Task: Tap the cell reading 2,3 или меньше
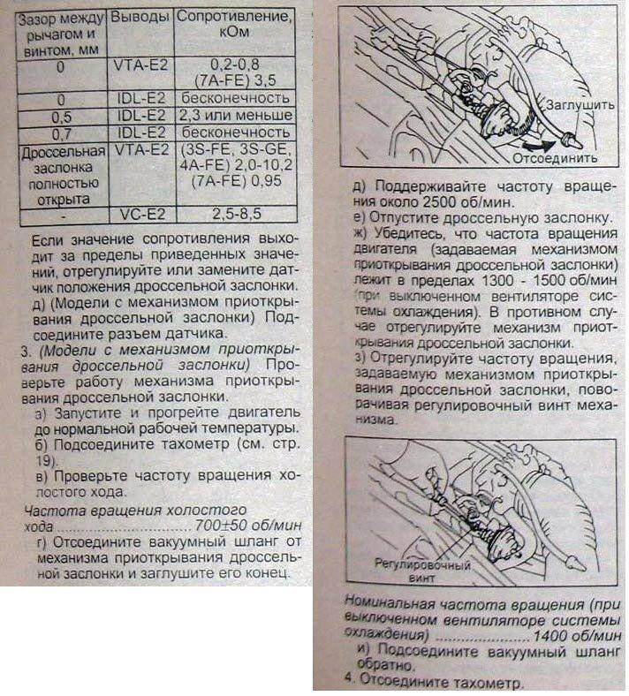pos(234,115)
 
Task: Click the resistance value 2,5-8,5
pos(234,214)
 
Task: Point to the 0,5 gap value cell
pos(62,115)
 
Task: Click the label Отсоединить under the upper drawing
pos(558,158)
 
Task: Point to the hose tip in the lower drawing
pos(579,562)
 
